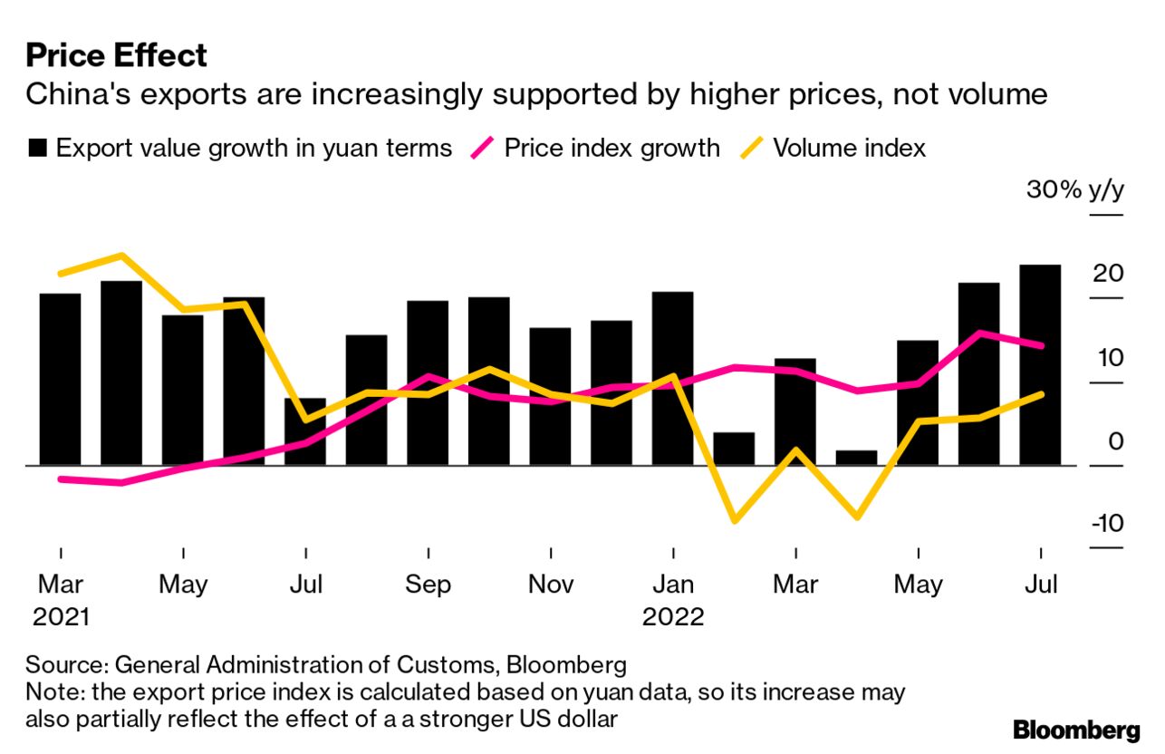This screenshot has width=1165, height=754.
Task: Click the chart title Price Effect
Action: [116, 55]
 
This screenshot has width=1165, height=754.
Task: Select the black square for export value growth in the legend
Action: [37, 149]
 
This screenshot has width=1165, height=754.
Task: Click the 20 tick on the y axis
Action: [1107, 274]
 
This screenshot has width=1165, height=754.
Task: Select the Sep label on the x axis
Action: [428, 585]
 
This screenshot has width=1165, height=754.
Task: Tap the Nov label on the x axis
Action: [551, 585]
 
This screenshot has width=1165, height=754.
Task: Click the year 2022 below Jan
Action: [673, 617]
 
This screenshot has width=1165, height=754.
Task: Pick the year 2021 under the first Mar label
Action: [61, 617]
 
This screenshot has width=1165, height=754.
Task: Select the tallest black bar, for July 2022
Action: [1040, 364]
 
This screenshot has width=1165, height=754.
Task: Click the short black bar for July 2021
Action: [305, 431]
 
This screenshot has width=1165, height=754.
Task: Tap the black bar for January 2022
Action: [672, 378]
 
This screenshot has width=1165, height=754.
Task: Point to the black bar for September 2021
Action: [428, 382]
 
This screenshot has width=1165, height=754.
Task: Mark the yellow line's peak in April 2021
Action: [121, 255]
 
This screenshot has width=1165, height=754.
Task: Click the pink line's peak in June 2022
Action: [979, 332]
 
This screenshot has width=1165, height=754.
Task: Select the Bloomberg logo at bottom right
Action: [1076, 730]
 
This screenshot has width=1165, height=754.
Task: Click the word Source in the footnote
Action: [64, 665]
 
